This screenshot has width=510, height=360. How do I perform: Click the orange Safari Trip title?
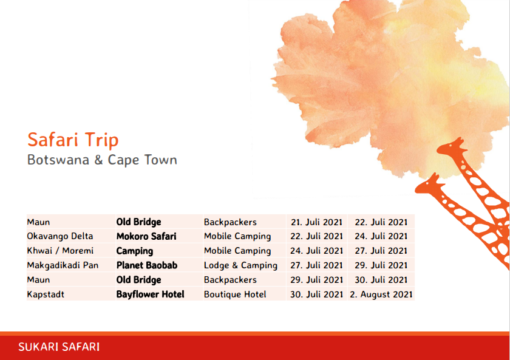(73, 140)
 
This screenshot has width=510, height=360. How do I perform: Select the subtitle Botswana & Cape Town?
(102, 160)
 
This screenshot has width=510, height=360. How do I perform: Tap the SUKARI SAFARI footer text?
(59, 347)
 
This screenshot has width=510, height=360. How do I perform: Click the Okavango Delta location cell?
(60, 236)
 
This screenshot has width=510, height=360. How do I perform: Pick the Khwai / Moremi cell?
(60, 251)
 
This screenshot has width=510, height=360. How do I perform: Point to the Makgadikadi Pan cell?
(63, 265)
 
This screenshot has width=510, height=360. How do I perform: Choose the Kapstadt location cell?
(46, 294)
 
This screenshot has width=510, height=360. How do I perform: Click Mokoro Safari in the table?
(146, 236)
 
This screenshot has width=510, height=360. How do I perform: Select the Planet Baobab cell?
(147, 265)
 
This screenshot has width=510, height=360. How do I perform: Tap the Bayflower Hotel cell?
(151, 294)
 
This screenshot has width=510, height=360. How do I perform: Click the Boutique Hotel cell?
(235, 294)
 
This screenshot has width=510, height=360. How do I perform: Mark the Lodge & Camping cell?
(240, 265)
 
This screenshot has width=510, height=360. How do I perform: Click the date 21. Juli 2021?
(316, 222)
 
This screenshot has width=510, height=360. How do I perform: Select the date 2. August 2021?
(381, 294)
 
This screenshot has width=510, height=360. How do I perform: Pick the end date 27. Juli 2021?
(381, 251)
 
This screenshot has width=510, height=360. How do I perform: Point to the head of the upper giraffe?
(452, 146)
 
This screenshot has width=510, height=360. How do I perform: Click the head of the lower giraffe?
(429, 185)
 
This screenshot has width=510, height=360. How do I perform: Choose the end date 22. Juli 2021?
(381, 222)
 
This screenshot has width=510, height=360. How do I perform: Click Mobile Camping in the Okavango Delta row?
(237, 236)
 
